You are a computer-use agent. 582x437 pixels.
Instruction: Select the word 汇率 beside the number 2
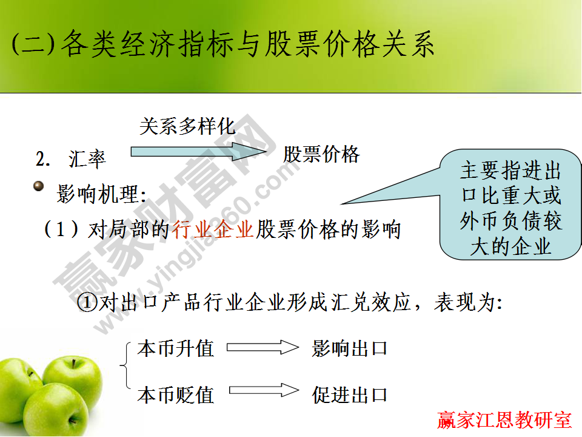(x=87, y=159)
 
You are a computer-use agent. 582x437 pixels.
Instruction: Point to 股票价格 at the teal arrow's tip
(x=321, y=155)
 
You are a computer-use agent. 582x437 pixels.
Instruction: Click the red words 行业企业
(x=212, y=230)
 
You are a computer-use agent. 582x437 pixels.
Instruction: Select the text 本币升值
(x=176, y=349)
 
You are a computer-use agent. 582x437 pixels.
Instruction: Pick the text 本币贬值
(x=176, y=395)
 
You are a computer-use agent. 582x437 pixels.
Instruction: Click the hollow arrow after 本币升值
(x=263, y=348)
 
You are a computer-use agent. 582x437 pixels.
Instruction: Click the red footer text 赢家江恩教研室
(x=504, y=420)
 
